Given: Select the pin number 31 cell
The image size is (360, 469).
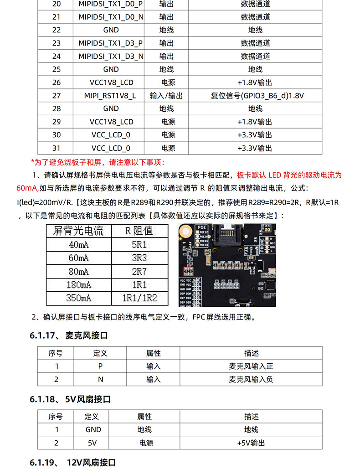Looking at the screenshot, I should pos(57,148).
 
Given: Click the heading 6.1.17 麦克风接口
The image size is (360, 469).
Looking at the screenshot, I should pos(69,335).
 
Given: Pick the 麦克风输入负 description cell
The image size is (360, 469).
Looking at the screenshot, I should pos(251,379).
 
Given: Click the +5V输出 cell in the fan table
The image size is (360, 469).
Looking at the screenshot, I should pos(251,443).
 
